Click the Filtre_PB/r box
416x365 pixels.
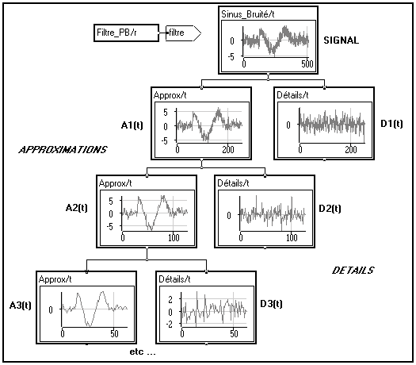click(x=127, y=33)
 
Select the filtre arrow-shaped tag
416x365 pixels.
click(x=183, y=33)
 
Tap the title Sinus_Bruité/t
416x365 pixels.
click(x=248, y=14)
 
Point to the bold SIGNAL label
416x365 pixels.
click(x=342, y=40)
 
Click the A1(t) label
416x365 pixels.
click(x=132, y=125)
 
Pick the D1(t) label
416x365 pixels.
click(x=391, y=124)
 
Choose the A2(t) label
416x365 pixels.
click(x=76, y=207)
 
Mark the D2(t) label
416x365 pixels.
click(x=330, y=209)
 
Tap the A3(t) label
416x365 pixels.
click(x=20, y=305)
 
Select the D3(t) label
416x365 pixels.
click(x=271, y=304)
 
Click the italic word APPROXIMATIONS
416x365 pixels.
click(x=63, y=150)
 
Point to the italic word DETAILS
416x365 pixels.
click(x=353, y=271)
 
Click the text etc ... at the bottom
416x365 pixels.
click(x=143, y=352)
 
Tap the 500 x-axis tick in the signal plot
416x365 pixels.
click(x=307, y=64)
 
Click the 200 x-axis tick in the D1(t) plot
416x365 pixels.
click(x=351, y=150)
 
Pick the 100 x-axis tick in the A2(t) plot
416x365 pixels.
click(x=174, y=237)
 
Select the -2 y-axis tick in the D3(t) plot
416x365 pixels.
click(x=170, y=325)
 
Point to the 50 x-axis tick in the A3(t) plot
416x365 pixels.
click(x=114, y=333)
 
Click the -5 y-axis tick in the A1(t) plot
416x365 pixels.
click(x=165, y=140)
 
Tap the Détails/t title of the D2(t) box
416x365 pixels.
click(x=233, y=183)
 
